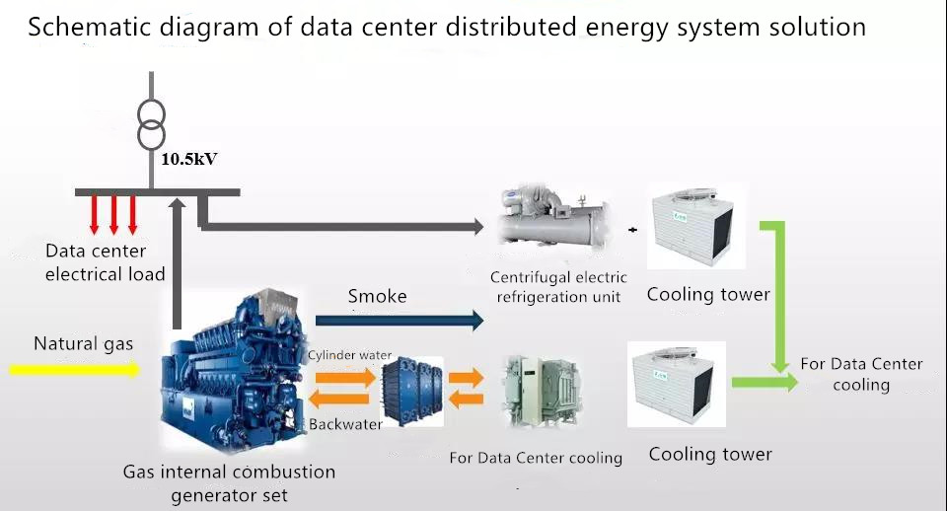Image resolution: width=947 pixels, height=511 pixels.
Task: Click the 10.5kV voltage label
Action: coord(189,159)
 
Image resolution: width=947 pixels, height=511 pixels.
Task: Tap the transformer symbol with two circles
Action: coord(151,125)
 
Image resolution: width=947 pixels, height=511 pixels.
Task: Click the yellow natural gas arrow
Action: coord(75,368)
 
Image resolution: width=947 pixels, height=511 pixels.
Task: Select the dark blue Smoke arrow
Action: coord(400,321)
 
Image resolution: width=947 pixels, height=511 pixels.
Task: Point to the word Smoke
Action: coord(378,296)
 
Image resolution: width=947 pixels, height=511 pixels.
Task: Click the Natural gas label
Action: coord(83,343)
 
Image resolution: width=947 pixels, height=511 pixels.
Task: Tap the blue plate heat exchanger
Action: coord(410,391)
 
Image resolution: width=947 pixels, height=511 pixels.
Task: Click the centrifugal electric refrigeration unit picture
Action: coord(551,220)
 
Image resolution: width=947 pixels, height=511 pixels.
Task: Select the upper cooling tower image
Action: coord(695,227)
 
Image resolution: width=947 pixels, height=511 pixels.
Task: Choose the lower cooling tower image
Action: coord(677,384)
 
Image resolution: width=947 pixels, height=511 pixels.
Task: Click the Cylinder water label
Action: coord(349,355)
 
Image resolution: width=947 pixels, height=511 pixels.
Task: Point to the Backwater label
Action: coord(345,424)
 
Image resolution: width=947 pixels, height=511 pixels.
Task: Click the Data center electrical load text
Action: coord(106,262)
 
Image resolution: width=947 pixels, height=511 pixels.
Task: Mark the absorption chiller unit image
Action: coord(542,391)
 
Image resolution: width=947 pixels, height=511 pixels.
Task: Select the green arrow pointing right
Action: coord(765,383)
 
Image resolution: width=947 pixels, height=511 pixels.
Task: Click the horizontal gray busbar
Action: coord(158,192)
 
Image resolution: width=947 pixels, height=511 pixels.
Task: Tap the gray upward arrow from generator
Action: coord(177,263)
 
